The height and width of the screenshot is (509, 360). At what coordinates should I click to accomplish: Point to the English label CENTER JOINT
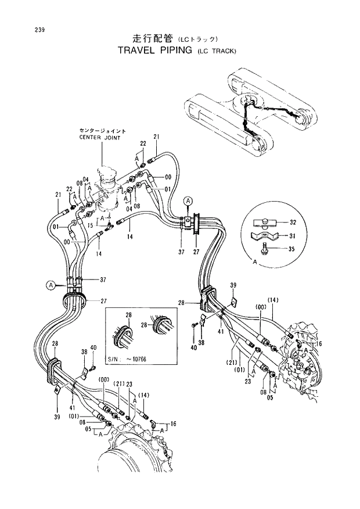pos(103,137)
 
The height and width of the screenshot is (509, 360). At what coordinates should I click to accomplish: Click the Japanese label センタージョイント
pos(103,131)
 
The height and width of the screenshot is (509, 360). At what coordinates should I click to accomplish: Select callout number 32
pos(292,223)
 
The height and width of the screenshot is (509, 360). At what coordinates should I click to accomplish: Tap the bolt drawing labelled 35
pos(265,248)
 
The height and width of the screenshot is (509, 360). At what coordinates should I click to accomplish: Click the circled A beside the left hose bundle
pos(52,285)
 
